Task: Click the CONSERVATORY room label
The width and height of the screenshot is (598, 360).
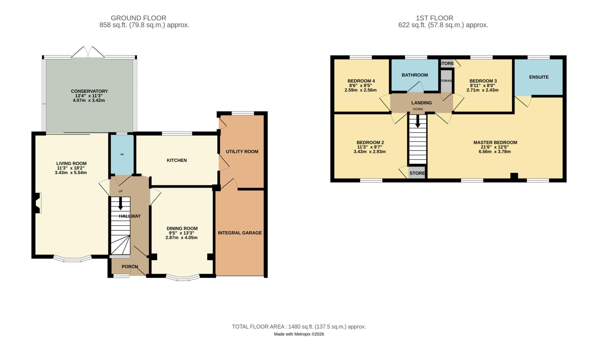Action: point(89,91)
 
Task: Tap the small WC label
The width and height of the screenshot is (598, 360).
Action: point(122,154)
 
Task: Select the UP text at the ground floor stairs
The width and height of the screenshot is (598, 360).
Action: point(121,191)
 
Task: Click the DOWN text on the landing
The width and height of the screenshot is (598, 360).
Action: point(418,109)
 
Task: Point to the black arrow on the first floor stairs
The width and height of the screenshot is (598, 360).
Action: point(418,121)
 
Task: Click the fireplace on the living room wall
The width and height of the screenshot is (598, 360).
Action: point(37,203)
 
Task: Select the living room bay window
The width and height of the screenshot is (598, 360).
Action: point(72,259)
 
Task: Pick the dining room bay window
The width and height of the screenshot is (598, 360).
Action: point(183,278)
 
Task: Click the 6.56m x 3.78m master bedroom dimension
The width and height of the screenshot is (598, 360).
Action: point(495,152)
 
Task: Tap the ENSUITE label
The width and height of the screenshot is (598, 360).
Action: point(539,77)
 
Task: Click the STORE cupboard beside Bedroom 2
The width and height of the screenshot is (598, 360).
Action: point(417,173)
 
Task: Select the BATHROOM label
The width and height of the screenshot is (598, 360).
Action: point(415,75)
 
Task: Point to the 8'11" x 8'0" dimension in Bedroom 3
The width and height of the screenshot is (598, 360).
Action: point(483,86)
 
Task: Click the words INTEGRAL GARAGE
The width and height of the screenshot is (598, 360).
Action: point(240,233)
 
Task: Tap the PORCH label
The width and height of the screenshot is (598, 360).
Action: point(130,266)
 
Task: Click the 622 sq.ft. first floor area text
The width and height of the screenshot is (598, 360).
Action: point(443,25)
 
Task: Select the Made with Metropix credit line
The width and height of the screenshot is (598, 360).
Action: point(299,334)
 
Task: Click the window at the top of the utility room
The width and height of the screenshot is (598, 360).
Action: point(243,113)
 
